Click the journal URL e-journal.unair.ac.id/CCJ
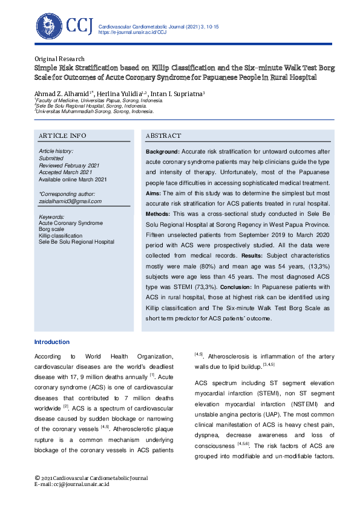tap(132, 33)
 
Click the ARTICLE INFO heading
tap(62, 135)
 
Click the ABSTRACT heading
tap(163, 136)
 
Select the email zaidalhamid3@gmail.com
tap(70, 201)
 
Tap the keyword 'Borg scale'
tap(52, 230)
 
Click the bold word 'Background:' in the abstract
tap(162, 151)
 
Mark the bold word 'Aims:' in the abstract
tap(153, 193)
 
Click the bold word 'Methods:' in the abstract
tap(159, 214)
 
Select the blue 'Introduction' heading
tap(51, 342)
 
